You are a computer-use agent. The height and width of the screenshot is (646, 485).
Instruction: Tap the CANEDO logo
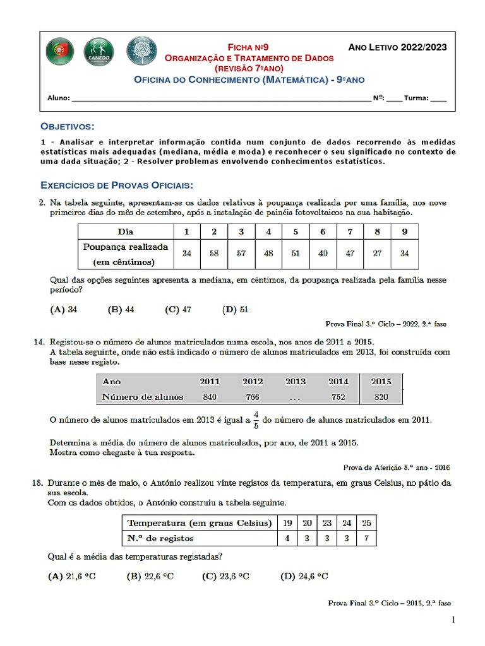pos(99,52)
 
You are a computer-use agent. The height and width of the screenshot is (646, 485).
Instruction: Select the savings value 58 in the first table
pos(214,253)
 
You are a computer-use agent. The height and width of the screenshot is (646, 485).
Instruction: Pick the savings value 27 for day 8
pos(377,253)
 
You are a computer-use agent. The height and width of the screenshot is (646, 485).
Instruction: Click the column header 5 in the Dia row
pos(296,232)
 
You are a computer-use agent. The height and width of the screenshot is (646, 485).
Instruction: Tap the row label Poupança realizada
pos(126,247)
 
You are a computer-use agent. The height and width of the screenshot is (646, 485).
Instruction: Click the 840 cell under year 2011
pos(210,397)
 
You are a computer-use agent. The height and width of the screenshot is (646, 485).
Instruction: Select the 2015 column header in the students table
pos(381,381)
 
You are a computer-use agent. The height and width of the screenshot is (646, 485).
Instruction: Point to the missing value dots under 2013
pos(296,397)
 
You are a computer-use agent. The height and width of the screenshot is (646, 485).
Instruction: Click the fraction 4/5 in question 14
pos(256,419)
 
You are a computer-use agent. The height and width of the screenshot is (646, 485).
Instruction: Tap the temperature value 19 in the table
pos(288,522)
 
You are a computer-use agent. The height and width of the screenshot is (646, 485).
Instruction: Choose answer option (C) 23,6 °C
pos(225,576)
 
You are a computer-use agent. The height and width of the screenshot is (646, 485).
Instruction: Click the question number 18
pos(39,483)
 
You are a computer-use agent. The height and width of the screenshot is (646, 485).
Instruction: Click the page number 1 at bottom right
pos(453,621)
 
